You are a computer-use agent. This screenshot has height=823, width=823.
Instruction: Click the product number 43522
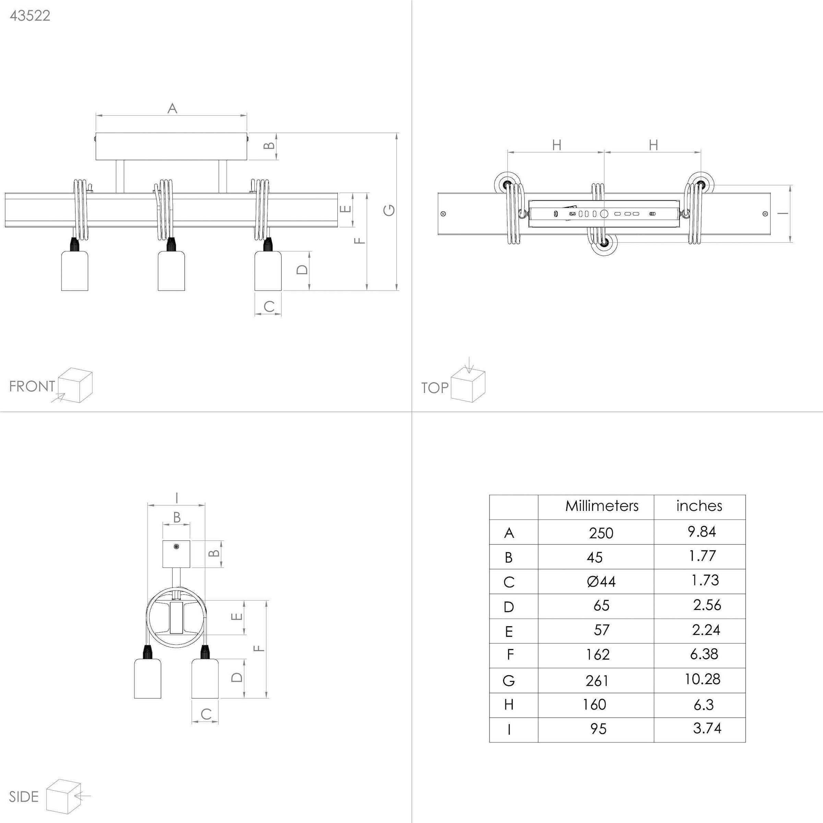(30, 16)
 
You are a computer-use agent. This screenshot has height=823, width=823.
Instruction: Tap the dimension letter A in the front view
(172, 108)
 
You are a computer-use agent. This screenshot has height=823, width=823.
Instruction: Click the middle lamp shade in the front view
(171, 271)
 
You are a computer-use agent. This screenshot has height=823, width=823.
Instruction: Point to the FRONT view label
(32, 386)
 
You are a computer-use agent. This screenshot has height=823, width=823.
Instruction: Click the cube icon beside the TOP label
(468, 385)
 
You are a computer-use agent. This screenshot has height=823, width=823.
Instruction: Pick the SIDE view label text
(24, 797)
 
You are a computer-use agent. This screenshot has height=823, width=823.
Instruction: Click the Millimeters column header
(601, 506)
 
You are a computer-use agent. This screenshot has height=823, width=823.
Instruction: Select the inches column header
(699, 506)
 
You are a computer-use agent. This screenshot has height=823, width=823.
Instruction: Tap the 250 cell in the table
(601, 533)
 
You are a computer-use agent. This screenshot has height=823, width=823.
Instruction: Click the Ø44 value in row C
(601, 582)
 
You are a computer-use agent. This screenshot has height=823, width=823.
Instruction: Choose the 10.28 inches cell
(702, 679)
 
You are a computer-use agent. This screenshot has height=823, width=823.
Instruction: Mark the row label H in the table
(509, 705)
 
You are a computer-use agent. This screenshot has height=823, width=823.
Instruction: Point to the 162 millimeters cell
(598, 654)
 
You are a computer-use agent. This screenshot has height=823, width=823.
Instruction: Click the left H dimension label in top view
(556, 145)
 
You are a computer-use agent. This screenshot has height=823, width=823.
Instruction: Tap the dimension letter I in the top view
(783, 213)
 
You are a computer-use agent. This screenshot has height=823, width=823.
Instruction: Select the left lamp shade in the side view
(147, 678)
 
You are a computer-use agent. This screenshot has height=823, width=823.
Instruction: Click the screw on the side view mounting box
(176, 547)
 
